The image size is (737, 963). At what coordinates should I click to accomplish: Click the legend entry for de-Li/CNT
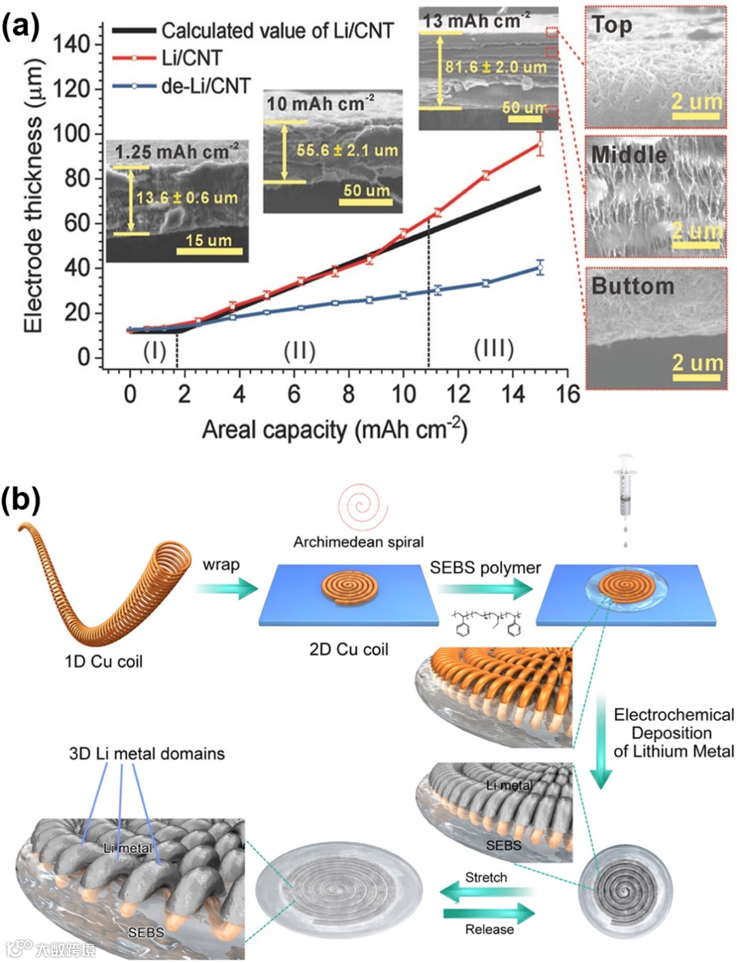tap(205, 87)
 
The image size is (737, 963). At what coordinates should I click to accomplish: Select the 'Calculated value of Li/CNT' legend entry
tap(277, 31)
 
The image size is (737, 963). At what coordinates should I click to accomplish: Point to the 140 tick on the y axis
tap(72, 44)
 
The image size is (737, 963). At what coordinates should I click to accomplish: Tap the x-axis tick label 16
tap(568, 394)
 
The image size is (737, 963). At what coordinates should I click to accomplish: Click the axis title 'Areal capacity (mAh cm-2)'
tap(334, 430)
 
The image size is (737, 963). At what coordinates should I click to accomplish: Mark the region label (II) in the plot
tap(299, 351)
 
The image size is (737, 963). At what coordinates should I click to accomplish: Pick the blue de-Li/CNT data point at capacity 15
tap(540, 268)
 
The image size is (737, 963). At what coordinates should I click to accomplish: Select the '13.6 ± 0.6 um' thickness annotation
tap(187, 199)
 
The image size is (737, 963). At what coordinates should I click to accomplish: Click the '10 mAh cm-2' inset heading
tap(320, 104)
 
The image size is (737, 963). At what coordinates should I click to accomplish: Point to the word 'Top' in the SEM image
tap(612, 25)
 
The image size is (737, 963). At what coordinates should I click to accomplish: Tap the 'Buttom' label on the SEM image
tap(633, 285)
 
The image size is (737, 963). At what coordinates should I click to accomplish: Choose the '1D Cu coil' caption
tap(104, 661)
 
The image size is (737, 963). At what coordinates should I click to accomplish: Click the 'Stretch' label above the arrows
tap(486, 877)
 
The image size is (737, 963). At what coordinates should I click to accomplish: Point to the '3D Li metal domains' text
tap(147, 753)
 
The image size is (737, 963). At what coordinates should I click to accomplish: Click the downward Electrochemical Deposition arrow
tap(601, 744)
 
